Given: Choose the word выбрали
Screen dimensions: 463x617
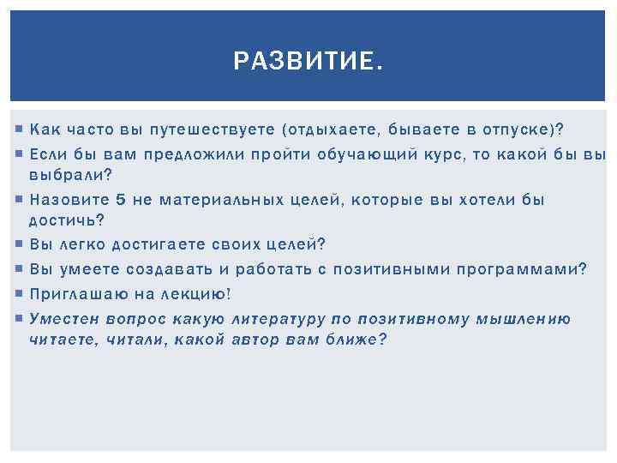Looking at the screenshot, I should click(x=67, y=174).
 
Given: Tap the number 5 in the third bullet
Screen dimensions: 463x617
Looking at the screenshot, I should click(x=121, y=200).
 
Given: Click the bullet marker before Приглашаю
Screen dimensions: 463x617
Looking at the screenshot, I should click(x=19, y=294).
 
